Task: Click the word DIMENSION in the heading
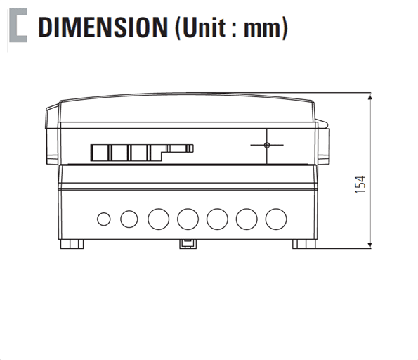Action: click(100, 28)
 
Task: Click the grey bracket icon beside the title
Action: click(18, 28)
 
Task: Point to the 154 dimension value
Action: click(360, 185)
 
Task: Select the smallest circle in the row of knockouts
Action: click(103, 219)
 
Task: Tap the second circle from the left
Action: click(129, 219)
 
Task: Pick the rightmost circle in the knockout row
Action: click(276, 219)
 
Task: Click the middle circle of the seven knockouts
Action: click(188, 219)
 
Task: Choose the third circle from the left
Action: click(158, 219)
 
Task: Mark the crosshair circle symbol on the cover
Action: click(266, 145)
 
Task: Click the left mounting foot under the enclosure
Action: click(72, 244)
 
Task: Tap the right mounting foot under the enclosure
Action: click(304, 244)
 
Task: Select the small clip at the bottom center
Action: click(188, 243)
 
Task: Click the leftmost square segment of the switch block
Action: click(99, 153)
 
